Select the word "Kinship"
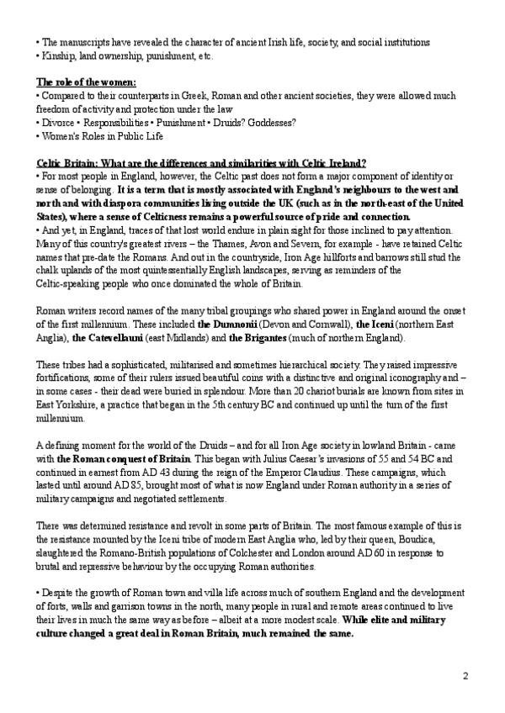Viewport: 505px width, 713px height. (x=58, y=55)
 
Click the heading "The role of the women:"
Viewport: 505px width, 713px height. (x=85, y=82)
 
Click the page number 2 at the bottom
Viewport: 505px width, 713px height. (x=465, y=675)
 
